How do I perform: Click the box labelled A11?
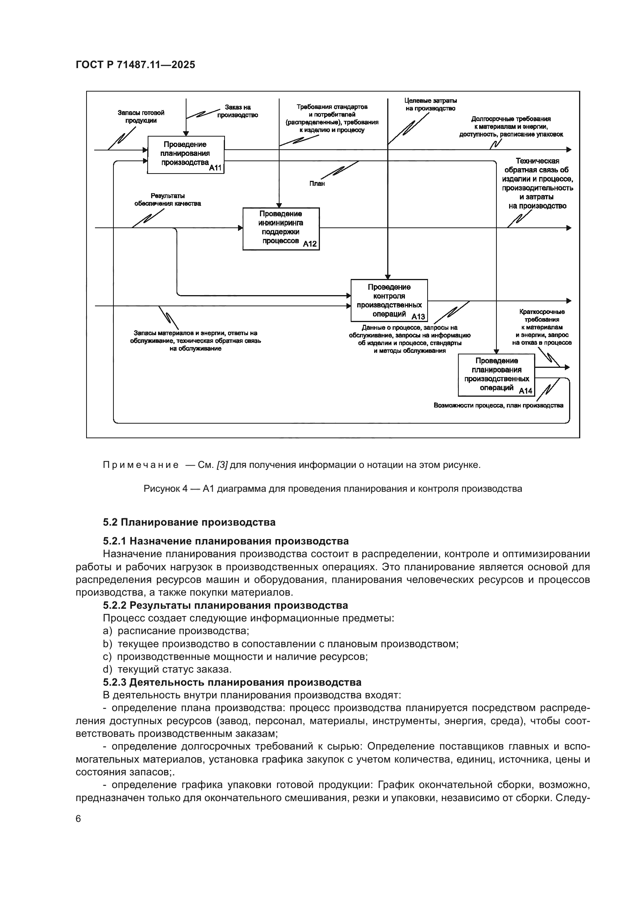click(x=186, y=154)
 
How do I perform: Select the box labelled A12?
click(x=281, y=229)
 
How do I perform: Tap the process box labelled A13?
click(x=389, y=300)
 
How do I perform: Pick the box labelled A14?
click(x=496, y=375)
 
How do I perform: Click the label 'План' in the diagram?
click(x=317, y=184)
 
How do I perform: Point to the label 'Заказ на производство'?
click(x=238, y=111)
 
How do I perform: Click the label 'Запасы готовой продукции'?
click(x=141, y=117)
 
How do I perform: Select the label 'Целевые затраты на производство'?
click(x=430, y=105)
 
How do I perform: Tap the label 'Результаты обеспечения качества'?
click(x=168, y=200)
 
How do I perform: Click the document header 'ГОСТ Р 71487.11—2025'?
click(x=135, y=65)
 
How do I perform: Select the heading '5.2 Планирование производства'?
click(x=189, y=522)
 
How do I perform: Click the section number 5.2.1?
click(x=114, y=541)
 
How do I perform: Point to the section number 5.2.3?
click(x=114, y=682)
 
